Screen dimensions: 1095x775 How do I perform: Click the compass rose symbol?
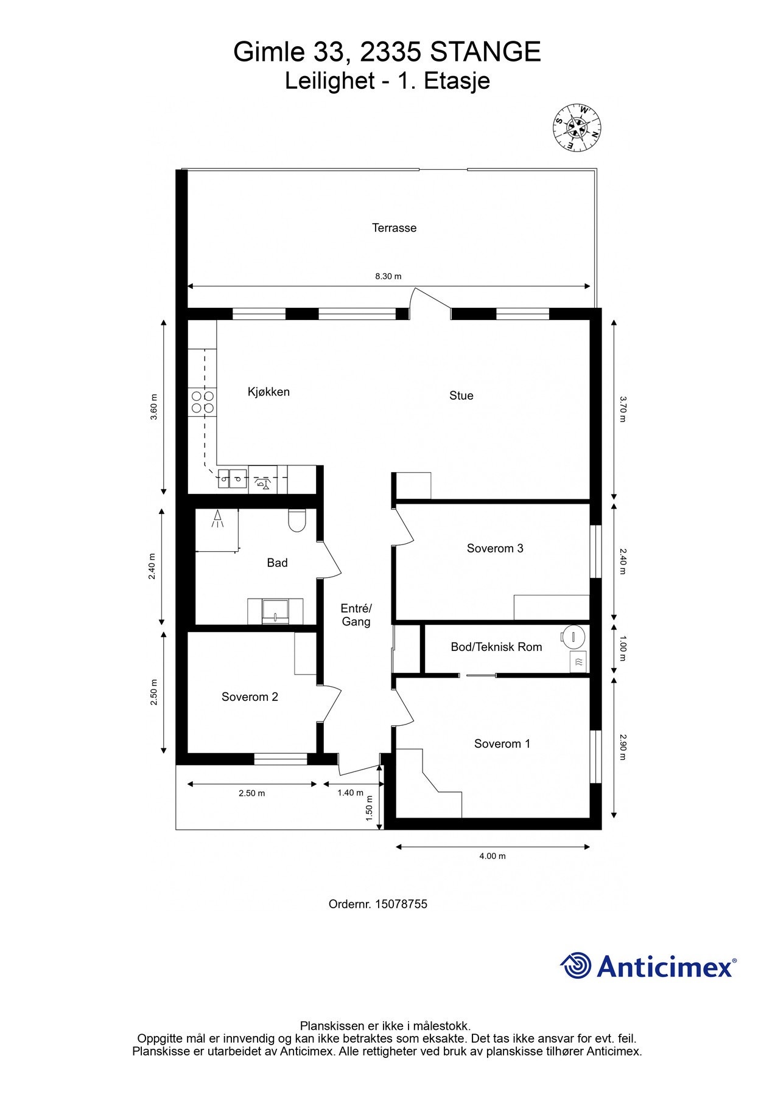(577, 128)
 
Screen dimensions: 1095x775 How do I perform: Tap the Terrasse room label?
(395, 228)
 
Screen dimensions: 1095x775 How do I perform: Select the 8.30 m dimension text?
(388, 276)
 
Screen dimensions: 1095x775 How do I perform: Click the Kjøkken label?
(268, 392)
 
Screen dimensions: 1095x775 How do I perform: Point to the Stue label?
(461, 396)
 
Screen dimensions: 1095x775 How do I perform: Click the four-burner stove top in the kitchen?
(203, 402)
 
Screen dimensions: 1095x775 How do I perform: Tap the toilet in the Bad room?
(296, 521)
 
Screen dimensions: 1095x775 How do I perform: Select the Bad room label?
(277, 563)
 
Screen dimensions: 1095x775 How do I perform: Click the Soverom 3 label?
(495, 549)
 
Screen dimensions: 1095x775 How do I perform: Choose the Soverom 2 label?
(250, 697)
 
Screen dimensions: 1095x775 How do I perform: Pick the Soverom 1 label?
(502, 744)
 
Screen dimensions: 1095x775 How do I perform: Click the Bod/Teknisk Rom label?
(496, 647)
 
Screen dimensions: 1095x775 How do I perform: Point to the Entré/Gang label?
(356, 615)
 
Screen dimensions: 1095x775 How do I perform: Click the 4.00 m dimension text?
(493, 857)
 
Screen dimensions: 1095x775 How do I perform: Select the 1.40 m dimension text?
(350, 793)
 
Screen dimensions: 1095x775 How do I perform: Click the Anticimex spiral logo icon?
(575, 966)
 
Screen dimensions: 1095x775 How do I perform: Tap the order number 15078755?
(401, 905)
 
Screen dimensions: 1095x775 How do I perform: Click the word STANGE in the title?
(485, 52)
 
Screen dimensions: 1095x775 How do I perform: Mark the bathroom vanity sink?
(275, 611)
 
